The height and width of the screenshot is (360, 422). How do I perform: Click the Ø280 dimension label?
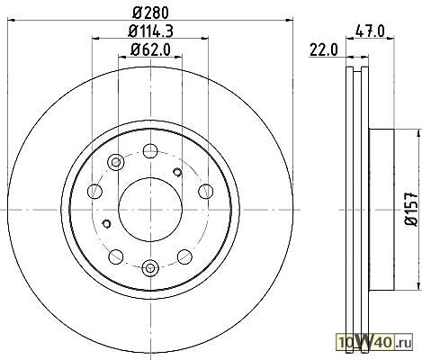150,13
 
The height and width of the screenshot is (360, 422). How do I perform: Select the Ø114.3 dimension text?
150,31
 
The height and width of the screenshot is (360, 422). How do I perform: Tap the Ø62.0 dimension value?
150,49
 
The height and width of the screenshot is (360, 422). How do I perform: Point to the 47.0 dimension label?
370,31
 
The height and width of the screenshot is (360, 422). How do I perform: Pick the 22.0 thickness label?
324,49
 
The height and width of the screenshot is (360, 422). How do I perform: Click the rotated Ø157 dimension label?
411,209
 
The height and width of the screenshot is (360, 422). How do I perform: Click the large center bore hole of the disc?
150,210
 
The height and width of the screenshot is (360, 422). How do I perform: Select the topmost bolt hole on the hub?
150,151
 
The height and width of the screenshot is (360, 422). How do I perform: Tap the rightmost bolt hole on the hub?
206,192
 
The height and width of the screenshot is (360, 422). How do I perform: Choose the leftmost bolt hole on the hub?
94,192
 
